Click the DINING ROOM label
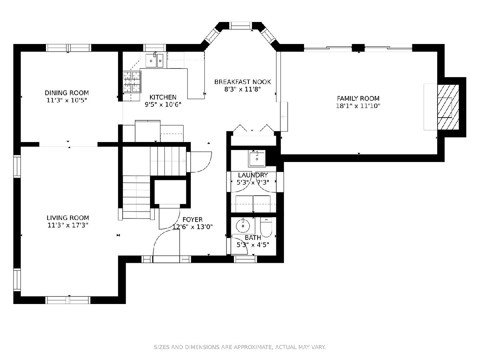pos(67,93)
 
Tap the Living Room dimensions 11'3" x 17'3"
pos(68,225)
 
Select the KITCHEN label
pos(163,97)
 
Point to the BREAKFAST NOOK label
pos(242,82)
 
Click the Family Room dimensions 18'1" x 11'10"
pos(358,106)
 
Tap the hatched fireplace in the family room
pos(448,107)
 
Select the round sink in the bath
pos(243,226)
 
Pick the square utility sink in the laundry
pos(257,158)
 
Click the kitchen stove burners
pos(132,82)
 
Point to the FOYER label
pos(192,220)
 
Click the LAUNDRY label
pos(253,175)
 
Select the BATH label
pos(253,238)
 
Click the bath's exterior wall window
pos(245,259)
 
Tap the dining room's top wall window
pos(68,48)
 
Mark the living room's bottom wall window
pos(68,300)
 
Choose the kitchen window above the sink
pos(155,48)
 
